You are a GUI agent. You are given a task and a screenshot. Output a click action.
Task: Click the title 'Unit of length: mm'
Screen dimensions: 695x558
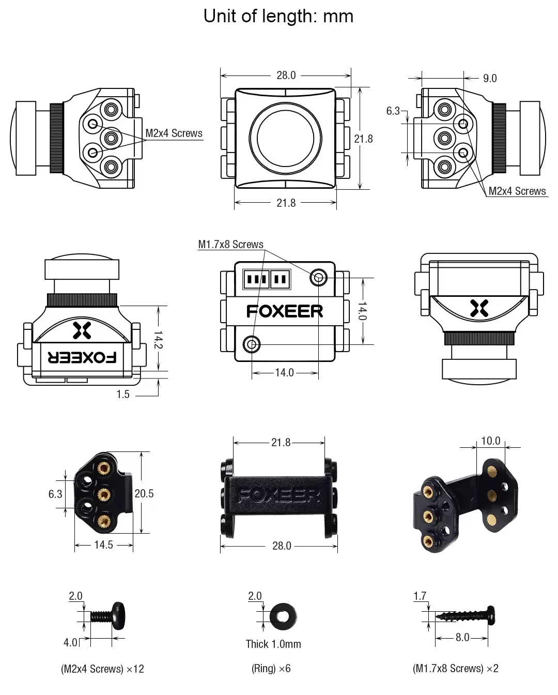pyautogui.click(x=278, y=17)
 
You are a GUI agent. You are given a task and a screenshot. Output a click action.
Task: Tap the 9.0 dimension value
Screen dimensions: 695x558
pyautogui.click(x=489, y=78)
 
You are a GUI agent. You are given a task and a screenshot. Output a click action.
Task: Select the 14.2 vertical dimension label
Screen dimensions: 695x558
pyautogui.click(x=158, y=340)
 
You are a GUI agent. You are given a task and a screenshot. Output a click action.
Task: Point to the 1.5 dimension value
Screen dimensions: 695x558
pyautogui.click(x=123, y=395)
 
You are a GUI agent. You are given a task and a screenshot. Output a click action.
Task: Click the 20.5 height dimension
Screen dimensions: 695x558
pyautogui.click(x=144, y=494)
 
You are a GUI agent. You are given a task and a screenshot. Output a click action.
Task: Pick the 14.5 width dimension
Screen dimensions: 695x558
pyautogui.click(x=103, y=545)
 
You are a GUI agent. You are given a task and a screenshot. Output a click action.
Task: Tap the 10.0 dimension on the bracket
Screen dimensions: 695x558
pyautogui.click(x=490, y=441)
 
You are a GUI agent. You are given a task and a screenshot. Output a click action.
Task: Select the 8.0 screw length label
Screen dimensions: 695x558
pyautogui.click(x=462, y=638)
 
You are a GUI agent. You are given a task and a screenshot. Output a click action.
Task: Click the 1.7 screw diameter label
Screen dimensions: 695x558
pyautogui.click(x=420, y=596)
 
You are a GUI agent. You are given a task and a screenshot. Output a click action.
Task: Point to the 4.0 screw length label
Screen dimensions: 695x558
pyautogui.click(x=70, y=642)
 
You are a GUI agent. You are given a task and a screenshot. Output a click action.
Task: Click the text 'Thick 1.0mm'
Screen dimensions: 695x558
pyautogui.click(x=273, y=644)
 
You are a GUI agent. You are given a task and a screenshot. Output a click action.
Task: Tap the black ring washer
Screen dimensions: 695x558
pyautogui.click(x=283, y=616)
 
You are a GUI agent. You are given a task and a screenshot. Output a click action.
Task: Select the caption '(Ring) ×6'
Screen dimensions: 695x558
pyautogui.click(x=271, y=669)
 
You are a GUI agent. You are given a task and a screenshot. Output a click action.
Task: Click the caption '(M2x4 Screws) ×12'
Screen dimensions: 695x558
pyautogui.click(x=102, y=669)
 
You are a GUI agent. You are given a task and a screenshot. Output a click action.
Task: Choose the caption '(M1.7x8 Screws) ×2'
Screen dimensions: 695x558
pyautogui.click(x=455, y=669)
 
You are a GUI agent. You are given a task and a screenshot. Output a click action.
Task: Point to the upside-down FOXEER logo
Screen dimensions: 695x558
pyautogui.click(x=82, y=357)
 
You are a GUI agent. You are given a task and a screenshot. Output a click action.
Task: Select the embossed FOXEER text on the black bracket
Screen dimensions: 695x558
pyautogui.click(x=280, y=496)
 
